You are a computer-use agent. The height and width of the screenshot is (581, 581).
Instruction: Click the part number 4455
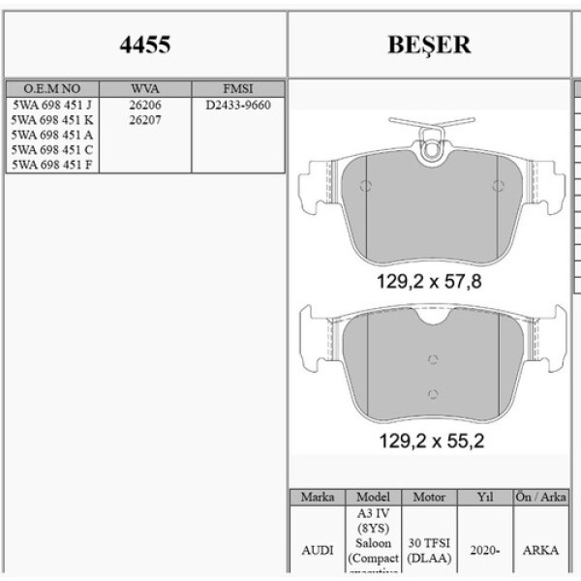(144, 45)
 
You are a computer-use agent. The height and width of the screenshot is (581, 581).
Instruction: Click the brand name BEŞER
(429, 45)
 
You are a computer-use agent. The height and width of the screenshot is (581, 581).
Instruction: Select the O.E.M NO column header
(52, 87)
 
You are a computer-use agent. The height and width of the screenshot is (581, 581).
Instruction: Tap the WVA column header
(145, 87)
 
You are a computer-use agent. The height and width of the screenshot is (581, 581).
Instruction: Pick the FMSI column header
(237, 87)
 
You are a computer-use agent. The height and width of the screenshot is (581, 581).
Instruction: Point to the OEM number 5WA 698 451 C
(52, 150)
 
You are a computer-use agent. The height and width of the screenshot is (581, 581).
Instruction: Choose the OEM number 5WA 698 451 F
(52, 165)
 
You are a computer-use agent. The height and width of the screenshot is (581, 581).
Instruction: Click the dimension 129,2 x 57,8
(429, 282)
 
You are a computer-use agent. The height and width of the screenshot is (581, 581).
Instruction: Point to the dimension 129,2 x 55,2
(429, 441)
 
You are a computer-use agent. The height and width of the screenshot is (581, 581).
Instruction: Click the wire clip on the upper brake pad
(430, 130)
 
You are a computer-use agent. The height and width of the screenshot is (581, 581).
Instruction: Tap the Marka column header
(318, 497)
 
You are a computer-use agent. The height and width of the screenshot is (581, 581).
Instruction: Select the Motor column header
(429, 497)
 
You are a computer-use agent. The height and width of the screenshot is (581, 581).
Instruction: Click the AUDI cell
(318, 549)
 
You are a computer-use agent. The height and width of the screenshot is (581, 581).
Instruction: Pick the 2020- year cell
(485, 549)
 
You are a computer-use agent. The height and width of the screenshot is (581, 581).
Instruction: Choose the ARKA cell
(539, 549)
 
